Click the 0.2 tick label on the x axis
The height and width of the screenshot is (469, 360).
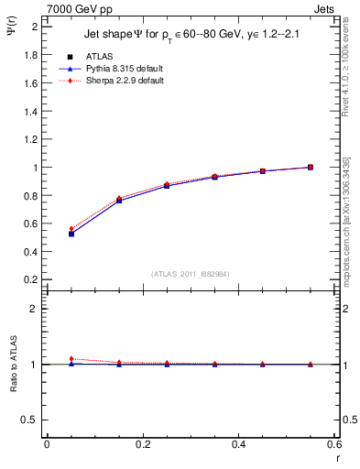pos(142,444)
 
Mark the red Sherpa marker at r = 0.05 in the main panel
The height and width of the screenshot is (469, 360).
pos(71,229)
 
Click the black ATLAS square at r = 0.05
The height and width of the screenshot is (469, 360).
pos(71,234)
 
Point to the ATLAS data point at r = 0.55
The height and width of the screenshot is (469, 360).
pos(311,167)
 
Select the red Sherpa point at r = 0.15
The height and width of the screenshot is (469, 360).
pos(119,198)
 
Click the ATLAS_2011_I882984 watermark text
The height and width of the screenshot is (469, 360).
pos(189,274)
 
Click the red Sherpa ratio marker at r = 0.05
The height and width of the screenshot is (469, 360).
pos(71,359)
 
